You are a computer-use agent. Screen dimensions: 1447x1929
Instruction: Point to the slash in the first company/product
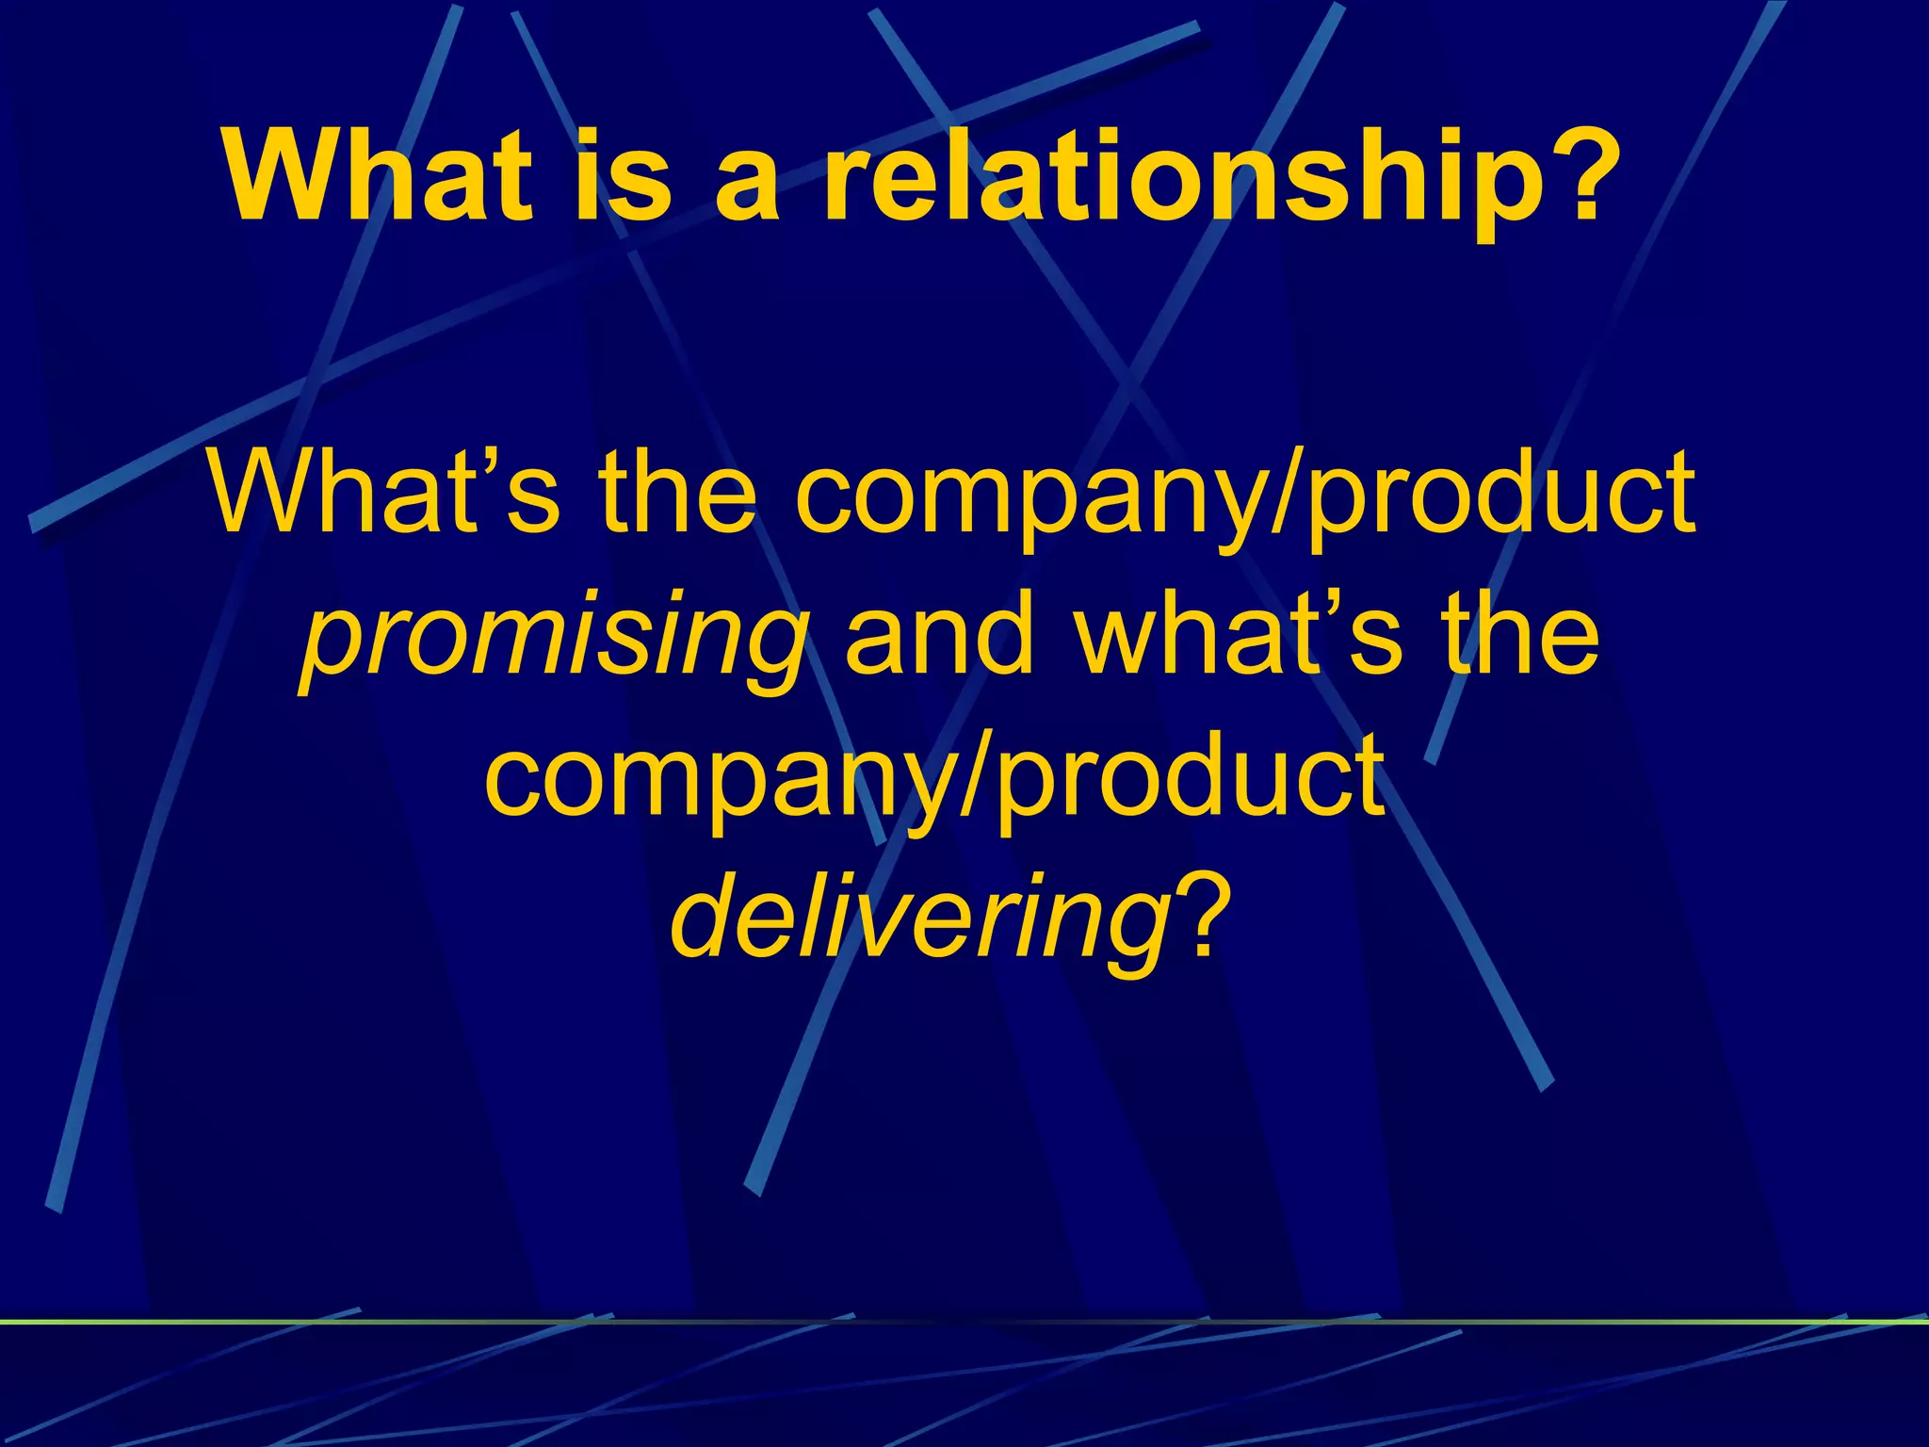[x=1287, y=495]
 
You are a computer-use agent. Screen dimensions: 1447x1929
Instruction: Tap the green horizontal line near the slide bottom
[x=964, y=1322]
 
